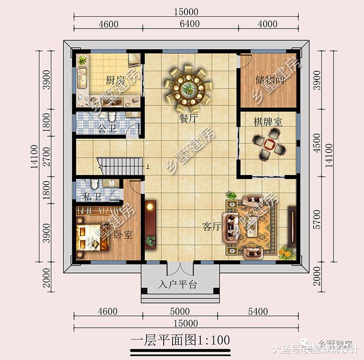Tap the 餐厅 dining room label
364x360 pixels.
188,119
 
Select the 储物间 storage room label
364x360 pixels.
269,80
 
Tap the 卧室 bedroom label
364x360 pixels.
124,235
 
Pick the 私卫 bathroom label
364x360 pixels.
92,197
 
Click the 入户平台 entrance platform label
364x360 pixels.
178,285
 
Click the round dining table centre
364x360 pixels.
189,88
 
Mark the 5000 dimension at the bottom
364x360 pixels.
180,311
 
